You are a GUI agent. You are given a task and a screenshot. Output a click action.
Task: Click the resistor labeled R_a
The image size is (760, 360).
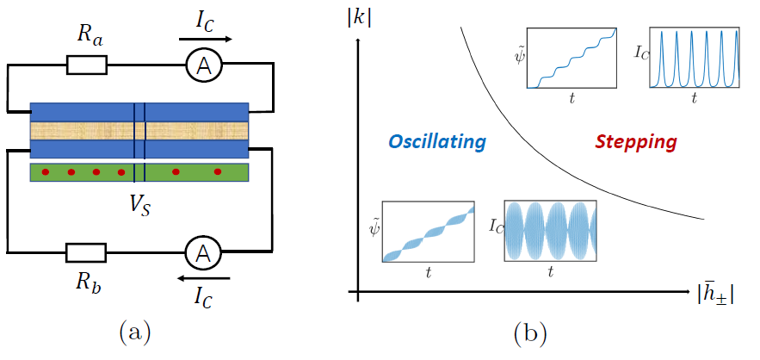(x=86, y=65)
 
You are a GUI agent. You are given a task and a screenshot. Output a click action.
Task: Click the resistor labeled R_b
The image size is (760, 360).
(x=86, y=252)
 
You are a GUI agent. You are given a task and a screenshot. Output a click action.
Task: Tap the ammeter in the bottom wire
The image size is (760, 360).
(x=203, y=252)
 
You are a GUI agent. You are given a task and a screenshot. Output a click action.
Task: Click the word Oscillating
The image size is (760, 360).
(x=436, y=141)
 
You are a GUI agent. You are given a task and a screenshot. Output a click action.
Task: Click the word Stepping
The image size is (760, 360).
(x=635, y=141)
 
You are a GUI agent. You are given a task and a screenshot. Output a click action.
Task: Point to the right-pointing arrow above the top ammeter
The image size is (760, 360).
(x=205, y=39)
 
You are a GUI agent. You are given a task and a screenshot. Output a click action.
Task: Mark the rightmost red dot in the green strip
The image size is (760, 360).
(x=217, y=172)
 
